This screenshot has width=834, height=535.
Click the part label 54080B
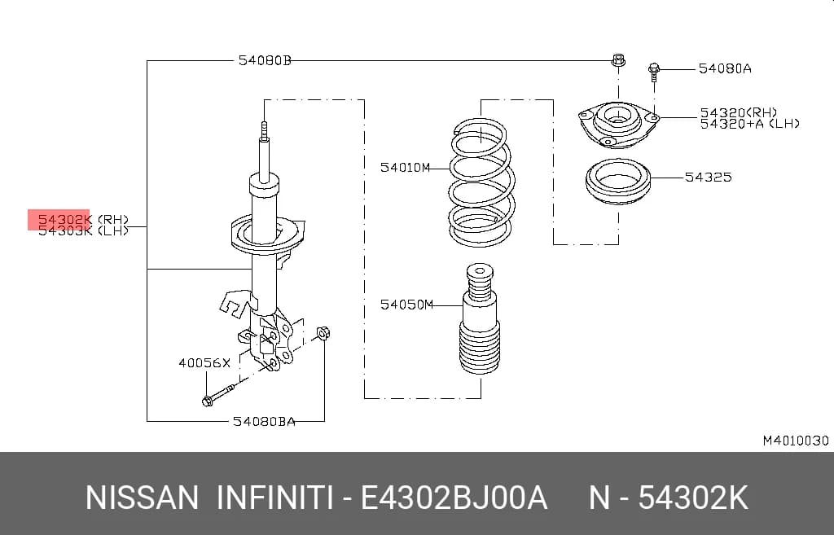[x=265, y=60]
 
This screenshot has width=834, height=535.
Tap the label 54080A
[x=724, y=68]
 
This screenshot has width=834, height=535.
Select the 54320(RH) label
[x=738, y=112]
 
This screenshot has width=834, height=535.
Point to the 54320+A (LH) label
[x=749, y=124]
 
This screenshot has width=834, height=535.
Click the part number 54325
[x=708, y=177]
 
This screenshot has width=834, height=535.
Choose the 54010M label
[x=405, y=168]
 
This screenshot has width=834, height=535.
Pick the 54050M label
[x=406, y=305]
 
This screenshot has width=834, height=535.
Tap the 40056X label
[x=204, y=363]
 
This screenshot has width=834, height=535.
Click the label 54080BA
[x=264, y=421]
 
